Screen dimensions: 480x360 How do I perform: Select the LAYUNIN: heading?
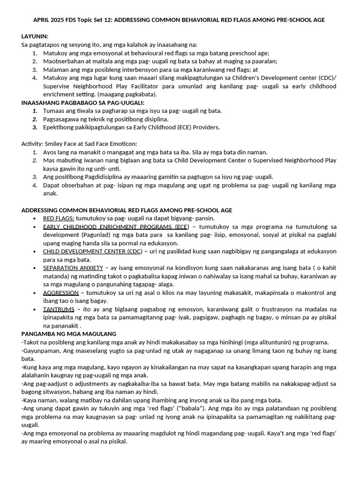(x=35, y=37)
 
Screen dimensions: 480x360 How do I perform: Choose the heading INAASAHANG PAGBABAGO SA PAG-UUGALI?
(x=82, y=103)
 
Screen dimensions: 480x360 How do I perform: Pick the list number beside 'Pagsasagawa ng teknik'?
(x=35, y=119)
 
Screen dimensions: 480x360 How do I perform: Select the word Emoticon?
(x=121, y=144)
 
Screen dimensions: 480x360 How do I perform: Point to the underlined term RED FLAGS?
(x=59, y=218)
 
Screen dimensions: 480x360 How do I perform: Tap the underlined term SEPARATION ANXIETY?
(x=73, y=268)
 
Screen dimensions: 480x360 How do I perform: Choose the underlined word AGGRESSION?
(x=61, y=293)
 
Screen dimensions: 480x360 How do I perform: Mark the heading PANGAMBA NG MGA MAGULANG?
(x=69, y=334)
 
